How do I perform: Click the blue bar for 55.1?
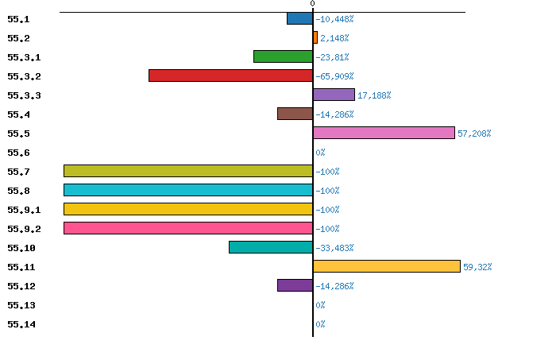click(299, 18)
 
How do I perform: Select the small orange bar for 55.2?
click(315, 37)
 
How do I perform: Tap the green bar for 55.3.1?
click(283, 56)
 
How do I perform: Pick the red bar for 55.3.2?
click(230, 75)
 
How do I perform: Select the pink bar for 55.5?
click(384, 133)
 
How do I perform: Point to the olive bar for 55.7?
click(188, 171)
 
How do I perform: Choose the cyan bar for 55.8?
click(188, 190)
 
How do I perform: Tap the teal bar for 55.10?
click(271, 247)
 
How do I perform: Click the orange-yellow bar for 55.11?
click(387, 266)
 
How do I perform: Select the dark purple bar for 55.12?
click(295, 285)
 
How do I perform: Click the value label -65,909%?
click(334, 76)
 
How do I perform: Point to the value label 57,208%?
click(474, 134)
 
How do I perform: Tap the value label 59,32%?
click(477, 267)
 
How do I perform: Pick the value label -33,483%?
click(334, 248)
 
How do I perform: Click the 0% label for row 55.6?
click(320, 153)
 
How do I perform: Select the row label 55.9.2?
click(24, 229)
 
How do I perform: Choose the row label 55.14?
click(21, 324)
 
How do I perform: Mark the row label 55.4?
click(18, 114)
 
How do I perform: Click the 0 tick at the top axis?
click(312, 4)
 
